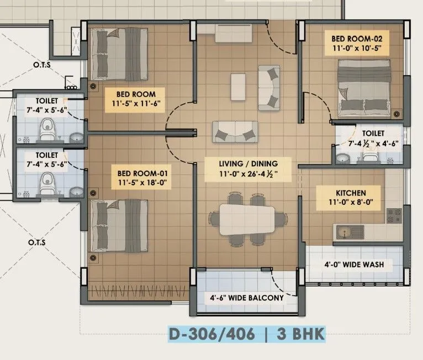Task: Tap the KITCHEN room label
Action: click(351, 193)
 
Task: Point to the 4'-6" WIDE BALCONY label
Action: click(246, 298)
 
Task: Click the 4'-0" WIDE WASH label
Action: click(354, 264)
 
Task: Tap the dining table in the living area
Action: click(246, 219)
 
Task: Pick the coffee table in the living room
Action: click(239, 87)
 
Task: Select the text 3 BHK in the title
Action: click(301, 334)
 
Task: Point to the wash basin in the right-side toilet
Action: click(342, 159)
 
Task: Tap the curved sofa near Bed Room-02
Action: click(269, 86)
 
